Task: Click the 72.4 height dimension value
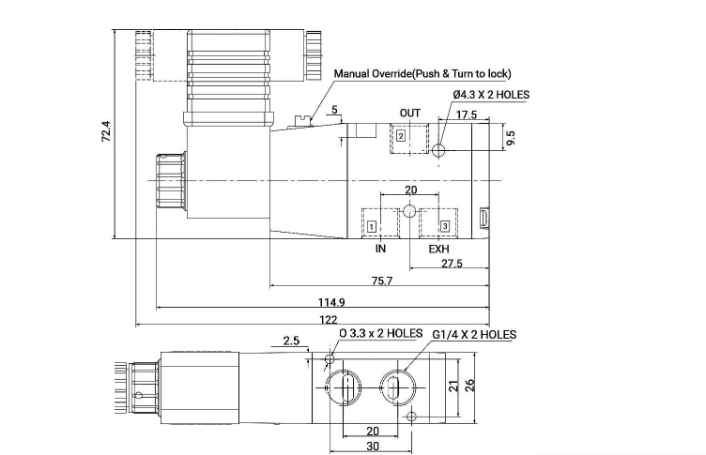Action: [x=106, y=131]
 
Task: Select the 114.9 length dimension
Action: [x=331, y=302]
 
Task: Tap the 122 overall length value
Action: [x=329, y=320]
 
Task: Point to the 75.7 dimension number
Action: [x=382, y=281]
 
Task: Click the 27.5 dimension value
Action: [x=452, y=264]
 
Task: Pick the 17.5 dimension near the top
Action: [x=467, y=114]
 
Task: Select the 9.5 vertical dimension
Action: [x=511, y=138]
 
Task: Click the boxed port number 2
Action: [x=401, y=136]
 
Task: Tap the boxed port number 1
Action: [x=372, y=226]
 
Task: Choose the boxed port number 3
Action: [x=445, y=226]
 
